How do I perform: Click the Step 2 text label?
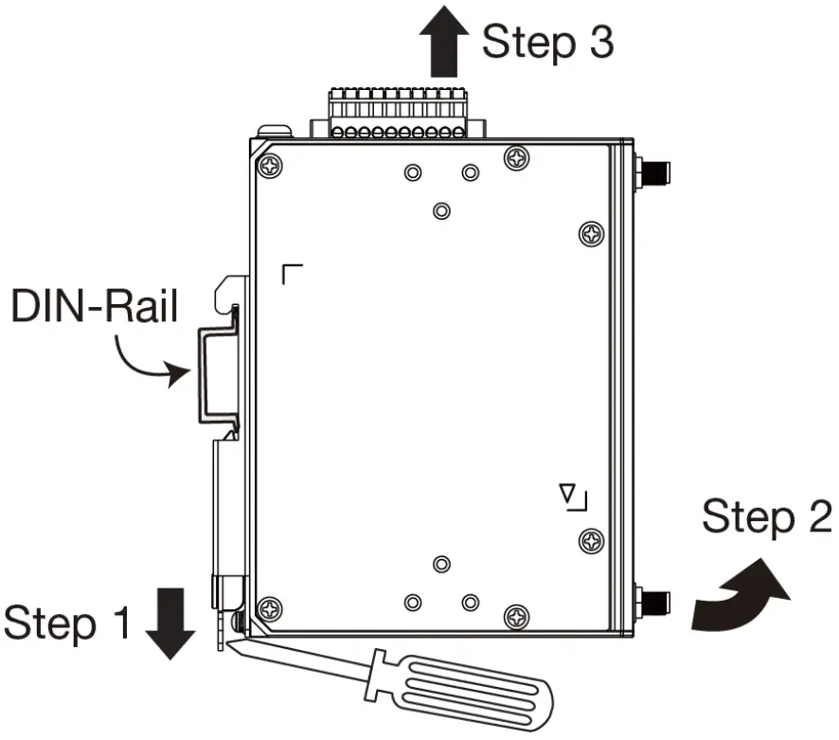[766, 518]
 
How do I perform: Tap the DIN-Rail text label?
[94, 307]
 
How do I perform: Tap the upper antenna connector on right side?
[651, 172]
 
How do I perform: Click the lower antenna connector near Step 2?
[651, 600]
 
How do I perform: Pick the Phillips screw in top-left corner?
[271, 165]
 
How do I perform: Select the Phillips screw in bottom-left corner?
[271, 606]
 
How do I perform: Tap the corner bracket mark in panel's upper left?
[293, 275]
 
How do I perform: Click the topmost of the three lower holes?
[440, 565]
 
